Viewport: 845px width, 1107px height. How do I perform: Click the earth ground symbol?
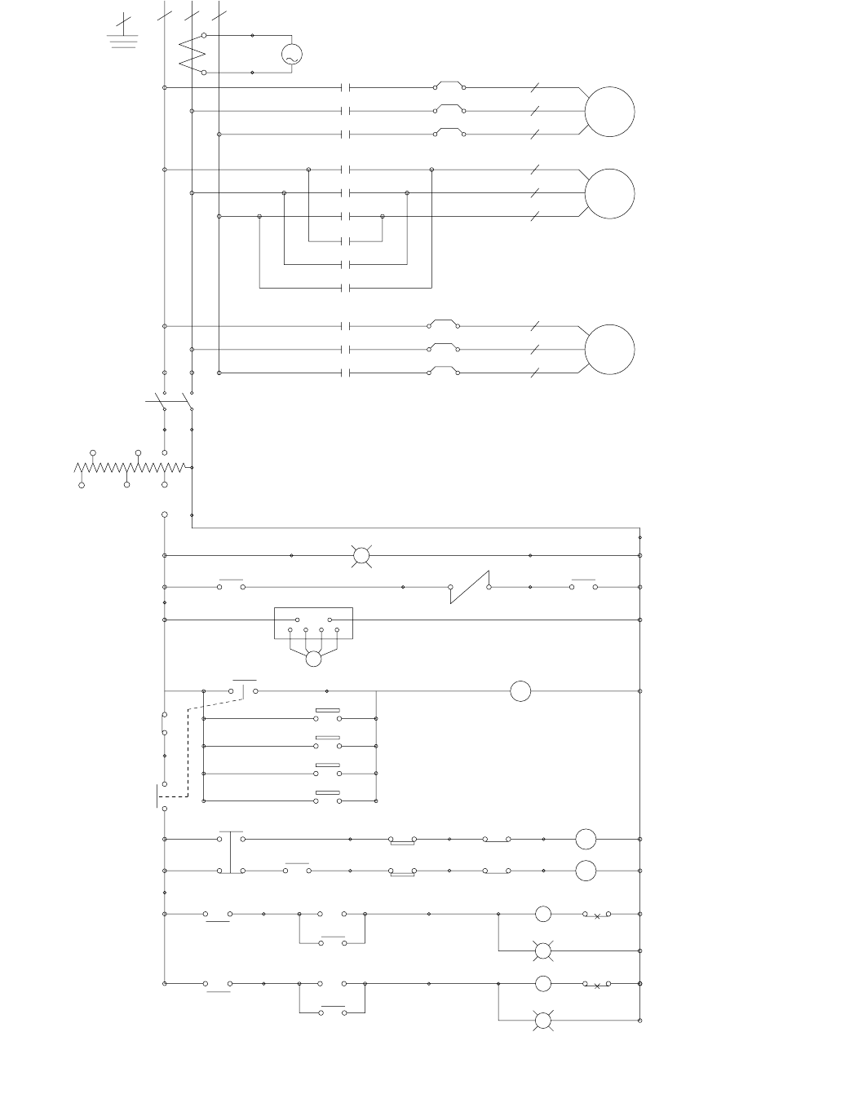click(x=123, y=34)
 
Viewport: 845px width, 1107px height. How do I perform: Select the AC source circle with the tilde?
click(x=291, y=55)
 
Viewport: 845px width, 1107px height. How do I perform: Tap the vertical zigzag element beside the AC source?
click(x=191, y=54)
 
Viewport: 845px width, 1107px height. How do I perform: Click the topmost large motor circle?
click(x=610, y=112)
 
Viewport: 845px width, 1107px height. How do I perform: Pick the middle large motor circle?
click(x=610, y=194)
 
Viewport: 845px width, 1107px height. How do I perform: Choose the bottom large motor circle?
click(x=610, y=350)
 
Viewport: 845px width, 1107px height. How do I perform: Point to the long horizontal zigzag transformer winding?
click(x=131, y=468)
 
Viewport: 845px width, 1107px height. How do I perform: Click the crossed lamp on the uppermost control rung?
click(x=361, y=556)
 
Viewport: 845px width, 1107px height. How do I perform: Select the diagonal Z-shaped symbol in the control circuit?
click(x=470, y=587)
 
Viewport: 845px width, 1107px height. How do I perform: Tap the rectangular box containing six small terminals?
click(x=314, y=623)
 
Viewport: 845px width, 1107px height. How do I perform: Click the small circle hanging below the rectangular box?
click(x=314, y=659)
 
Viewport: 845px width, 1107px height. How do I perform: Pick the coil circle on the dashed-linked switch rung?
click(x=520, y=691)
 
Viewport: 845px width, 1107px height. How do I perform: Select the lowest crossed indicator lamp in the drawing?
click(x=543, y=1021)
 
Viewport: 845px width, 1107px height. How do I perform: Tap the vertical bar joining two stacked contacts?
click(x=232, y=853)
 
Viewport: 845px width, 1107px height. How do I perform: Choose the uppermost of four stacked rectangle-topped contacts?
click(x=329, y=716)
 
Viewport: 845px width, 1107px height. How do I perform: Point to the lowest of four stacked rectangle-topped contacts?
click(x=329, y=798)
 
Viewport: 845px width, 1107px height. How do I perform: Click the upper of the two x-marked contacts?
click(x=597, y=915)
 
